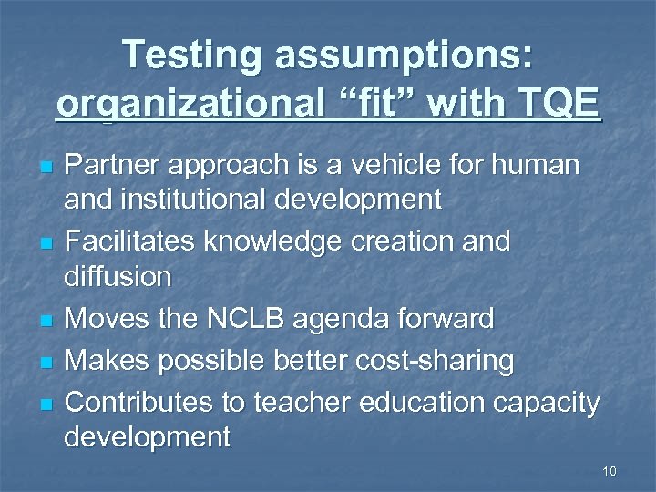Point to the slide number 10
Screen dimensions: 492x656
[x=610, y=471]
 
